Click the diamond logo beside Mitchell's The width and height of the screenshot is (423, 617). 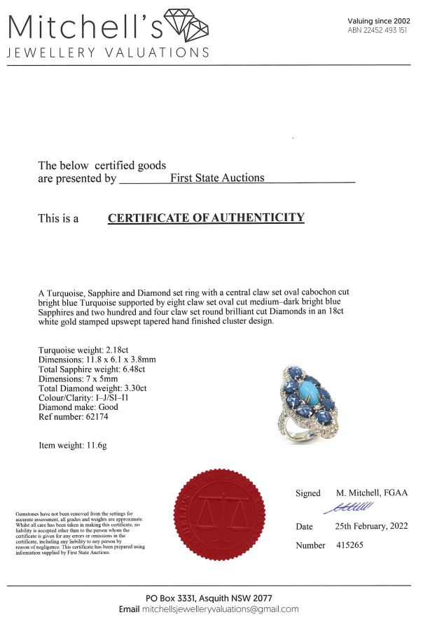coord(186,26)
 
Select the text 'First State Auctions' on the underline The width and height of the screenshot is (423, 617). coord(217,178)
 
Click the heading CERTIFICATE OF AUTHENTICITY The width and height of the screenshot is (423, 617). coord(206,218)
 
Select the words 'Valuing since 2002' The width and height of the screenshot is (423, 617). coord(379,21)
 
